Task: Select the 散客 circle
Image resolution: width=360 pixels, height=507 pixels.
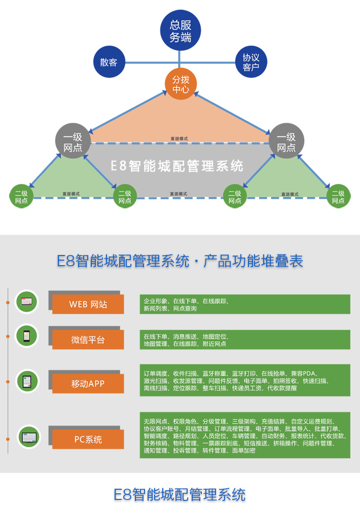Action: [x=109, y=62]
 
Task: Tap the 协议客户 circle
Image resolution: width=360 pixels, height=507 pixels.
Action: [x=250, y=62]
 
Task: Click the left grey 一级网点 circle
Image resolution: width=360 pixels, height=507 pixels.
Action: [x=73, y=142]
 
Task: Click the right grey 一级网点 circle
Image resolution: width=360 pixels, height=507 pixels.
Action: [x=286, y=142]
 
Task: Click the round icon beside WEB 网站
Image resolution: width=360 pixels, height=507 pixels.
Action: [x=26, y=303]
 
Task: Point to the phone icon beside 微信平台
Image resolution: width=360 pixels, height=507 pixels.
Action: [x=26, y=336]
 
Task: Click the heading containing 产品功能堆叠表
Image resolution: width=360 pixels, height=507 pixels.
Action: [x=180, y=262]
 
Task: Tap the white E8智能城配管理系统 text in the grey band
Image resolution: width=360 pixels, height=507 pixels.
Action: [x=177, y=166]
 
